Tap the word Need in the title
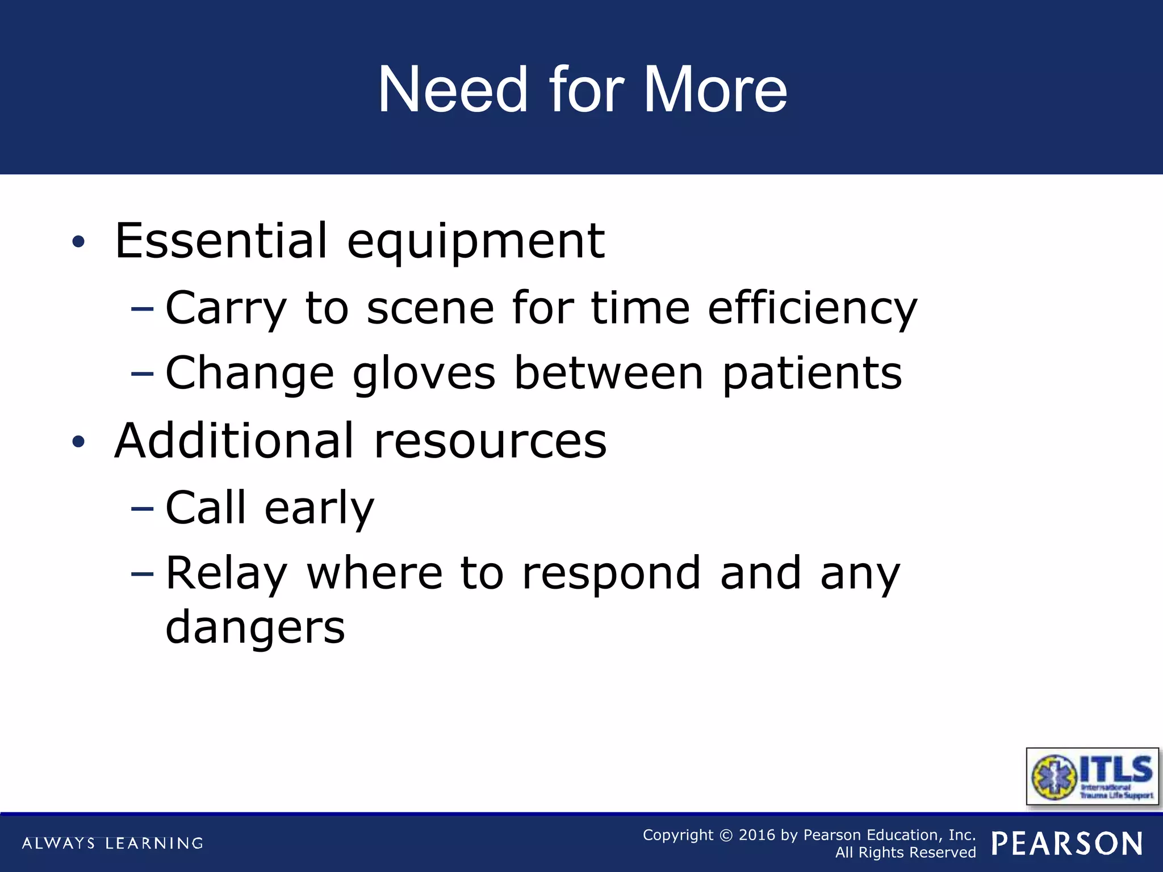pyautogui.click(x=453, y=90)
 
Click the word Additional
pyautogui.click(x=235, y=441)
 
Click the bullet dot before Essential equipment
pyautogui.click(x=78, y=242)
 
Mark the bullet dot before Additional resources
pyautogui.click(x=78, y=442)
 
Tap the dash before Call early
pyautogui.click(x=142, y=508)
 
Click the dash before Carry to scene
pyautogui.click(x=142, y=309)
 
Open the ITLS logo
pyautogui.click(x=1092, y=777)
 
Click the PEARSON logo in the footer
pyautogui.click(x=1067, y=844)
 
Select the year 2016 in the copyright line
pyautogui.click(x=757, y=835)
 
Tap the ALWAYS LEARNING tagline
pyautogui.click(x=112, y=843)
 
